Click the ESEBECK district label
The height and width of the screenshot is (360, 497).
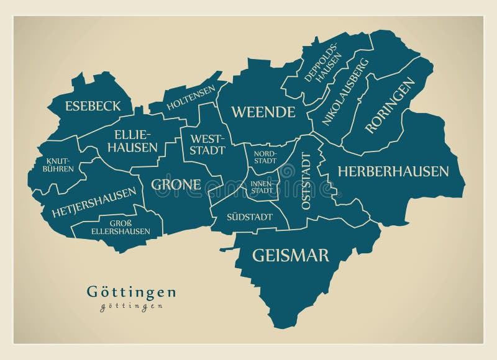(93, 106)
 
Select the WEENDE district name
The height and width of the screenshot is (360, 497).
(263, 112)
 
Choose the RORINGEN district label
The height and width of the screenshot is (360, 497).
(390, 106)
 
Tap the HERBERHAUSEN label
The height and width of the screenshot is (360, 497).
(393, 171)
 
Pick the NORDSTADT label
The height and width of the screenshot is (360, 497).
(264, 156)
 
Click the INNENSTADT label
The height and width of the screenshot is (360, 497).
(261, 187)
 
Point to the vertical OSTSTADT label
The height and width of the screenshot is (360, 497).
(306, 181)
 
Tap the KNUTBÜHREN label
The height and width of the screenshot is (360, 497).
(58, 165)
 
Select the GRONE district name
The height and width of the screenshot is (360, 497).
(176, 185)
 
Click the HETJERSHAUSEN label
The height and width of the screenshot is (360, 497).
(94, 202)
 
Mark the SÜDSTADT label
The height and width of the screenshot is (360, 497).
(250, 217)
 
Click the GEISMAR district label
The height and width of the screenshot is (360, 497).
(291, 255)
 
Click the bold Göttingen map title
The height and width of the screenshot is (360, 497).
(131, 292)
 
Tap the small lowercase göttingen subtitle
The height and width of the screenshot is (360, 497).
(132, 306)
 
